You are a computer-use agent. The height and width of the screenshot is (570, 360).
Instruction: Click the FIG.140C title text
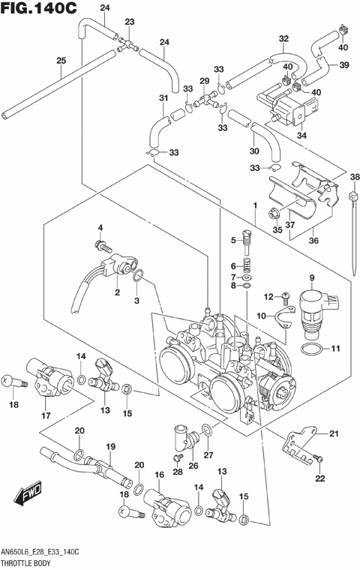pos(39,10)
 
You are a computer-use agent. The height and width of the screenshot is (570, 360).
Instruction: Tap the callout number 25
pos(61,61)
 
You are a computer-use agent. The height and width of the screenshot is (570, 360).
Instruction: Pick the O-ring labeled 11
pos(313,349)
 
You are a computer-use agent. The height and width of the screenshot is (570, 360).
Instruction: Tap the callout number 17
pos(46,416)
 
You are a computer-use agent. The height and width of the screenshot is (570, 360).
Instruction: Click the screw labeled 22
pos(319,459)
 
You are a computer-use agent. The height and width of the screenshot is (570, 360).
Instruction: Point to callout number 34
pos(302,136)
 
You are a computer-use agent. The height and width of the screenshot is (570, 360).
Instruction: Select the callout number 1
pos(255,204)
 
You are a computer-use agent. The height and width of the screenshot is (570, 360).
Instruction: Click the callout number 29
pos(203,81)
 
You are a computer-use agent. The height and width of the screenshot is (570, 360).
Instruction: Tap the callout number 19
pos(110,447)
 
